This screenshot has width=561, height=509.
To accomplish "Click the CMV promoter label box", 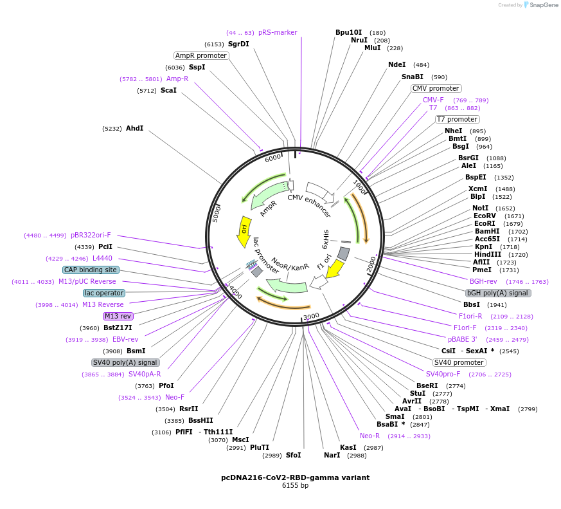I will pyautogui.click(x=436, y=88).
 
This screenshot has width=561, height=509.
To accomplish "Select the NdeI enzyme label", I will pyautogui.click(x=396, y=64).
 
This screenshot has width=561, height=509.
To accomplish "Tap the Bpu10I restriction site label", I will pyautogui.click(x=348, y=32).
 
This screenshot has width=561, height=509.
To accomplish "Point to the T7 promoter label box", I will pyautogui.click(x=457, y=119).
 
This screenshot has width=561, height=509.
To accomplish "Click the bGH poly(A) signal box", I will pyautogui.click(x=499, y=293).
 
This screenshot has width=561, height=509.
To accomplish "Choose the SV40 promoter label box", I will pyautogui.click(x=459, y=362).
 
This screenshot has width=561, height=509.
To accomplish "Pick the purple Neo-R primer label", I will pyautogui.click(x=370, y=436).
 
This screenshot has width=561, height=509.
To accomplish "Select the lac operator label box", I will pyautogui.click(x=104, y=293).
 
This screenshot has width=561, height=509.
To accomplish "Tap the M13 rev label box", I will pyautogui.click(x=118, y=316).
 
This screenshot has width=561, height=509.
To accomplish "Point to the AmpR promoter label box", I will pyautogui.click(x=201, y=55).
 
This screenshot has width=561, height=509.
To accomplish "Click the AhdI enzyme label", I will pyautogui.click(x=134, y=128).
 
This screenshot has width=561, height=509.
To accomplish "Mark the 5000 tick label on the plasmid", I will pyautogui.click(x=217, y=213).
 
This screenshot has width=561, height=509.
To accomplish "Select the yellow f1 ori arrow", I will pyautogui.click(x=334, y=266).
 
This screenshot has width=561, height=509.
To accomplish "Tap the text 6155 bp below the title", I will pyautogui.click(x=295, y=486).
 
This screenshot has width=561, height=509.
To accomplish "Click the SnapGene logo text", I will pyautogui.click(x=542, y=5).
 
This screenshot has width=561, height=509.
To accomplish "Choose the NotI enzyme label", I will pyautogui.click(x=480, y=208).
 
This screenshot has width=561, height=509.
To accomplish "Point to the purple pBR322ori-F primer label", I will pyautogui.click(x=91, y=235).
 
